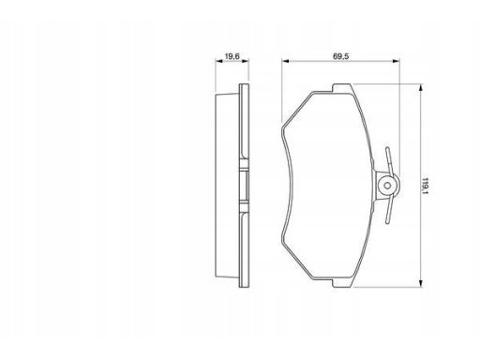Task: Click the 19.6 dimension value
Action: tap(232, 56)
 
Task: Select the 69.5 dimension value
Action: tap(340, 56)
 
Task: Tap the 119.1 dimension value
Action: tap(425, 186)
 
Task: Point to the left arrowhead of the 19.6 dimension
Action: tap(218, 61)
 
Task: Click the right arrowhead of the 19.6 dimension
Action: tap(246, 61)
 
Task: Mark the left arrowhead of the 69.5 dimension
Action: tap(285, 61)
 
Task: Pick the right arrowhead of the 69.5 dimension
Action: tap(397, 61)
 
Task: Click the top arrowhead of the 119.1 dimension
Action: tap(421, 87)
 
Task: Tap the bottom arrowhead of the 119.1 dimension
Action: tap(421, 283)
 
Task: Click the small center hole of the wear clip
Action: tap(387, 186)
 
